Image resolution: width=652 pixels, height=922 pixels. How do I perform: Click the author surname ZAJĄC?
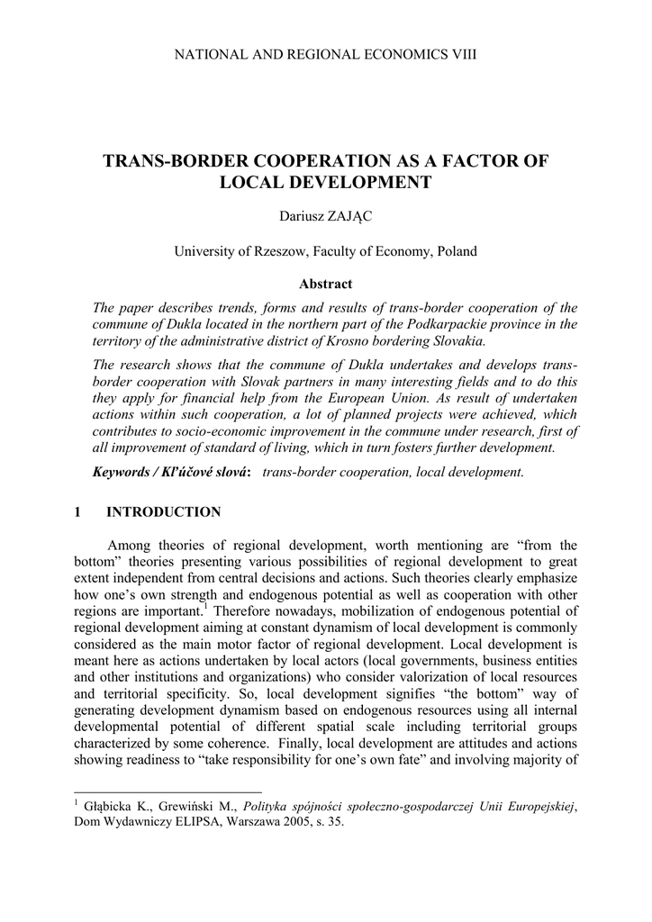point(354,217)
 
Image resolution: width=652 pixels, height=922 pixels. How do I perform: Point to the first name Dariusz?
point(304,217)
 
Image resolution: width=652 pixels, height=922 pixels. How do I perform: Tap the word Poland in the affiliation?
point(456,251)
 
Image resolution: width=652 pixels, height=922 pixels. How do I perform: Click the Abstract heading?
point(325,284)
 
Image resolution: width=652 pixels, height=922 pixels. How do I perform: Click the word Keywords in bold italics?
point(124,472)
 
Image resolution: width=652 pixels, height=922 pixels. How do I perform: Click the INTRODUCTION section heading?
point(163,512)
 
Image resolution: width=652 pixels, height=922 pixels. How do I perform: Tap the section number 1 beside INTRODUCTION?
point(77,512)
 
